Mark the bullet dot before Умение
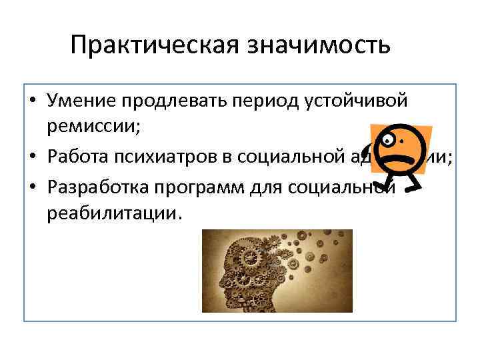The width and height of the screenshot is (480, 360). (32, 101)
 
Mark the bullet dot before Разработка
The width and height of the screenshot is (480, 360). (32, 188)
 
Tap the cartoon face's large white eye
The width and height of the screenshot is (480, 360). (390, 139)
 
